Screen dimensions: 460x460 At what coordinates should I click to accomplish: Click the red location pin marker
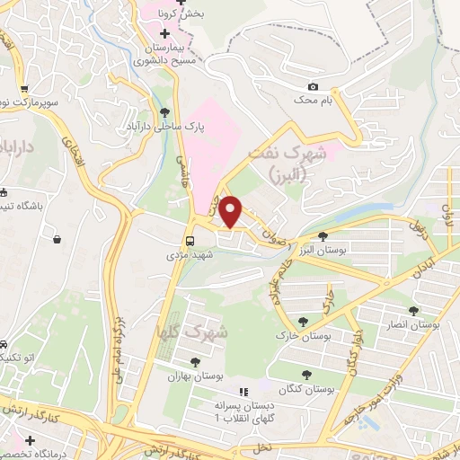pos(231,211)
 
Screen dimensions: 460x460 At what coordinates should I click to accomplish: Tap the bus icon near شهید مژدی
pos(190,241)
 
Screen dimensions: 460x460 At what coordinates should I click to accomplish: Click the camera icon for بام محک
pos(313,87)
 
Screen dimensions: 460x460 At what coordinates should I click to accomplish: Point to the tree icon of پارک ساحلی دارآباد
pos(164,113)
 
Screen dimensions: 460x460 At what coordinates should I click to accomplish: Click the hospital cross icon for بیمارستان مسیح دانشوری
pos(164,33)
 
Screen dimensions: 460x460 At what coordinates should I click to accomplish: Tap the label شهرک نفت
pos(298,154)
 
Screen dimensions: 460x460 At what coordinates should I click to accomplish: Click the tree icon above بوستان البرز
pos(323,234)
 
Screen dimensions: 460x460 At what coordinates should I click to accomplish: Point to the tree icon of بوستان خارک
pos(303,321)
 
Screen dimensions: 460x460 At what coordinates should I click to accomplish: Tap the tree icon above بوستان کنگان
pos(306,375)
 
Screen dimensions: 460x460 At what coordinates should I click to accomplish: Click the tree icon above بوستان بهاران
pos(195,361)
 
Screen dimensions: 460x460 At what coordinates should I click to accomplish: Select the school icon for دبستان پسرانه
pos(242,393)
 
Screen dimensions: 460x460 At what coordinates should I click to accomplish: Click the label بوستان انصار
pos(412,323)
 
